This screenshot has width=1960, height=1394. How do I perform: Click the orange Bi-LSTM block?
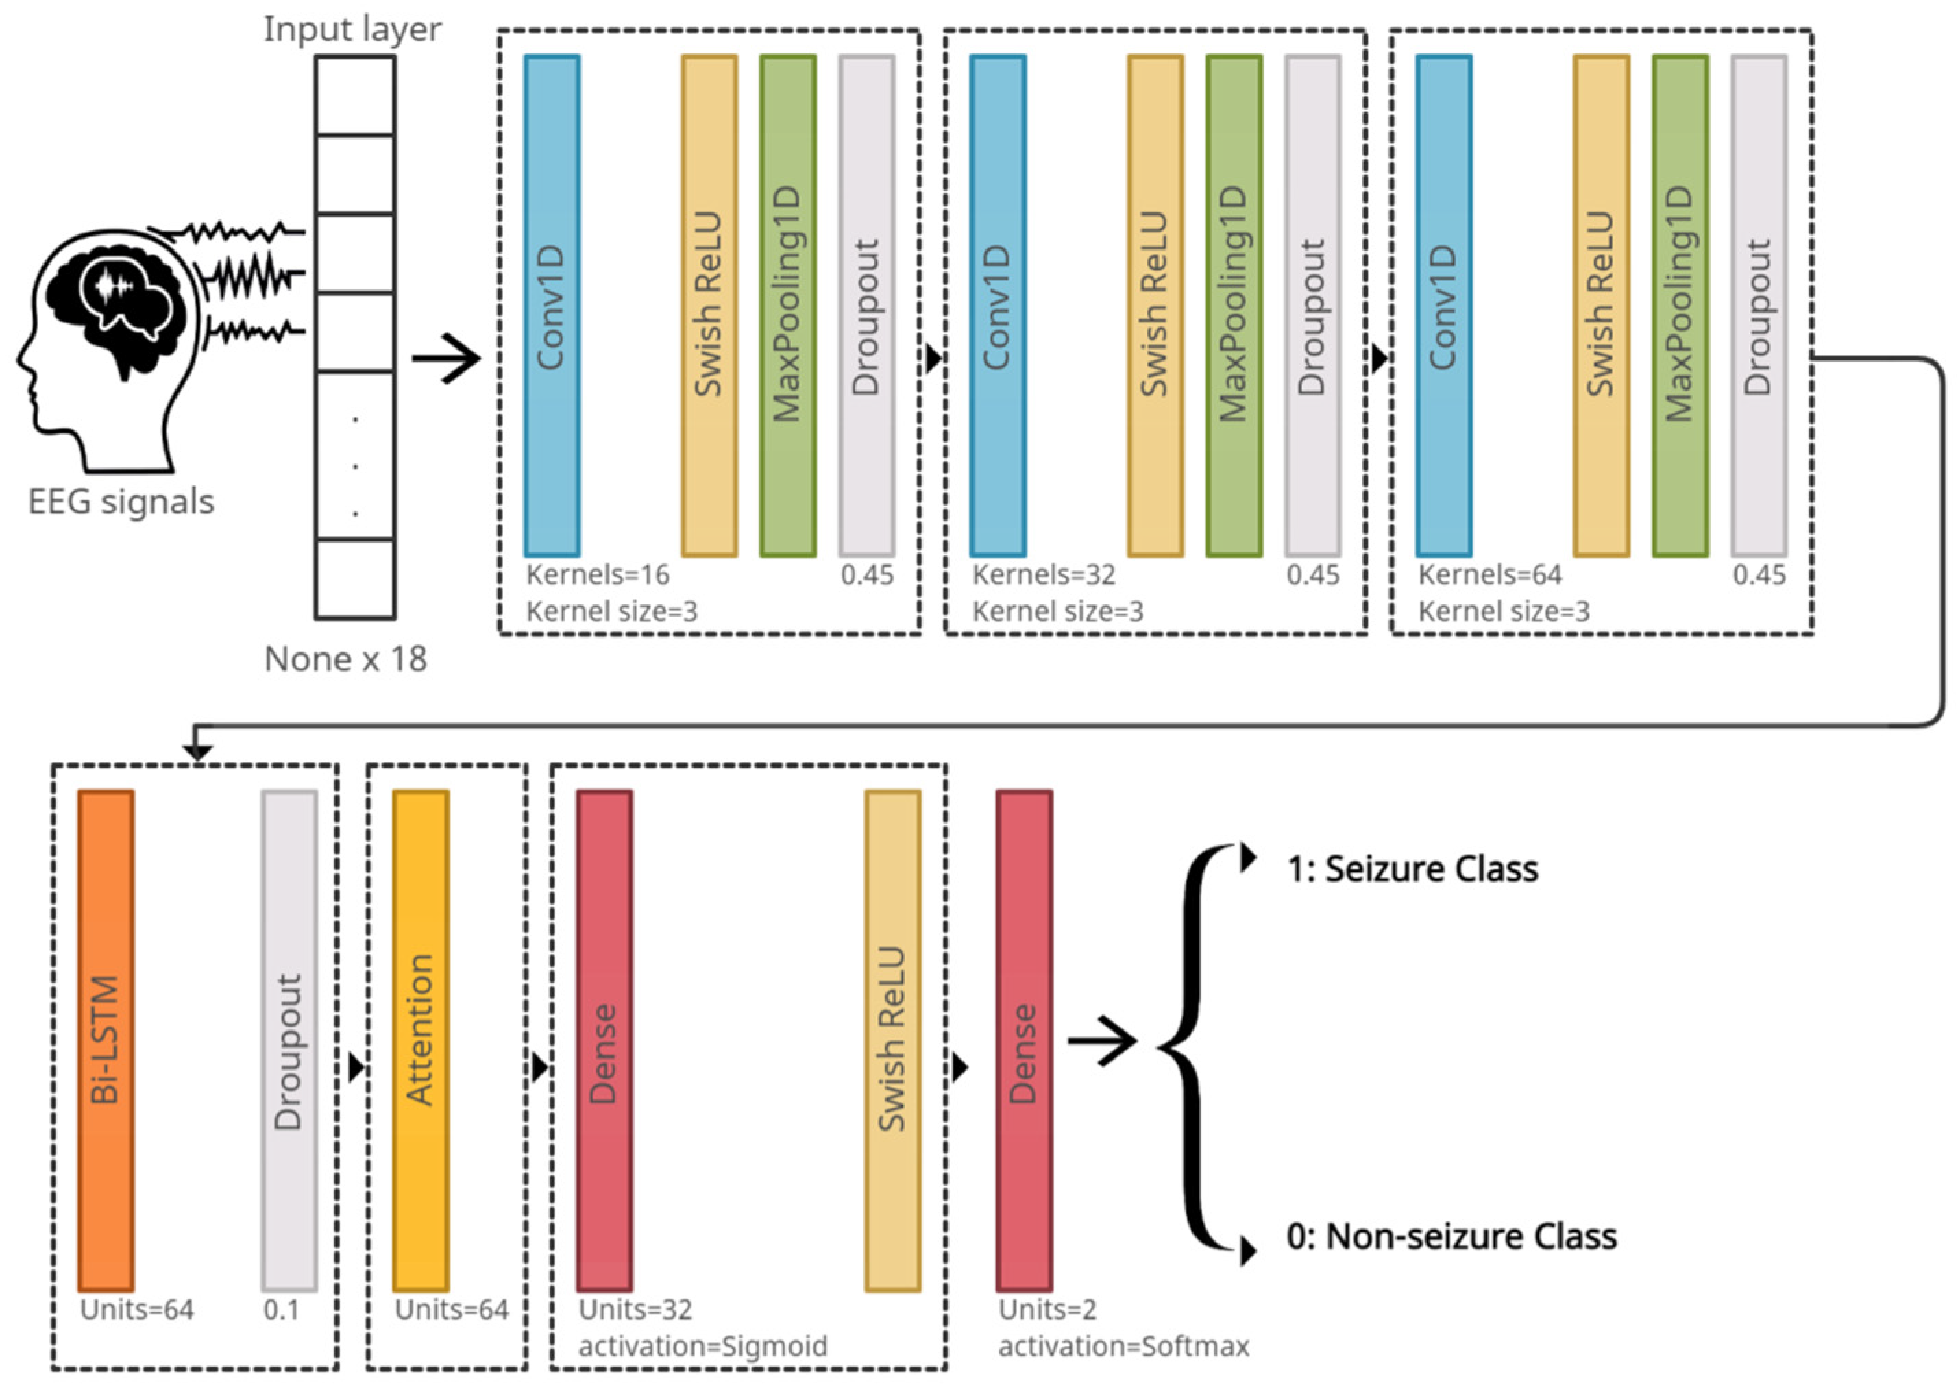[106, 1040]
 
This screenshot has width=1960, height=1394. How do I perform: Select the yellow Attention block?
[421, 1040]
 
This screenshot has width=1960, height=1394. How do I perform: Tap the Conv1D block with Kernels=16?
[552, 306]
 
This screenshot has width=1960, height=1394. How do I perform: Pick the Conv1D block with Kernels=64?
[1444, 306]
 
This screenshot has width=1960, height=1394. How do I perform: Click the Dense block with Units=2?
[1025, 1040]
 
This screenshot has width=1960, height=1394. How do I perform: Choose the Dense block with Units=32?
[605, 1040]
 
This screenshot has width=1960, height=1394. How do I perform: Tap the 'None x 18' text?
[346, 659]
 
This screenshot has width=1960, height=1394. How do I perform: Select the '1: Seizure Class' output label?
[1412, 868]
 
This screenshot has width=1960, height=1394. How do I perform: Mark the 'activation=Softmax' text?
[1123, 1346]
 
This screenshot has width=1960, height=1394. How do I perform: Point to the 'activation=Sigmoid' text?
[703, 1346]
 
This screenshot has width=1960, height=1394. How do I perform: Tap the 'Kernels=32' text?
[1044, 574]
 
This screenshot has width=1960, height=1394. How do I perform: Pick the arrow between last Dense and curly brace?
[1103, 1042]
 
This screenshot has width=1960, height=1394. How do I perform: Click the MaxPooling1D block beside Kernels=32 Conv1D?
[1234, 306]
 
